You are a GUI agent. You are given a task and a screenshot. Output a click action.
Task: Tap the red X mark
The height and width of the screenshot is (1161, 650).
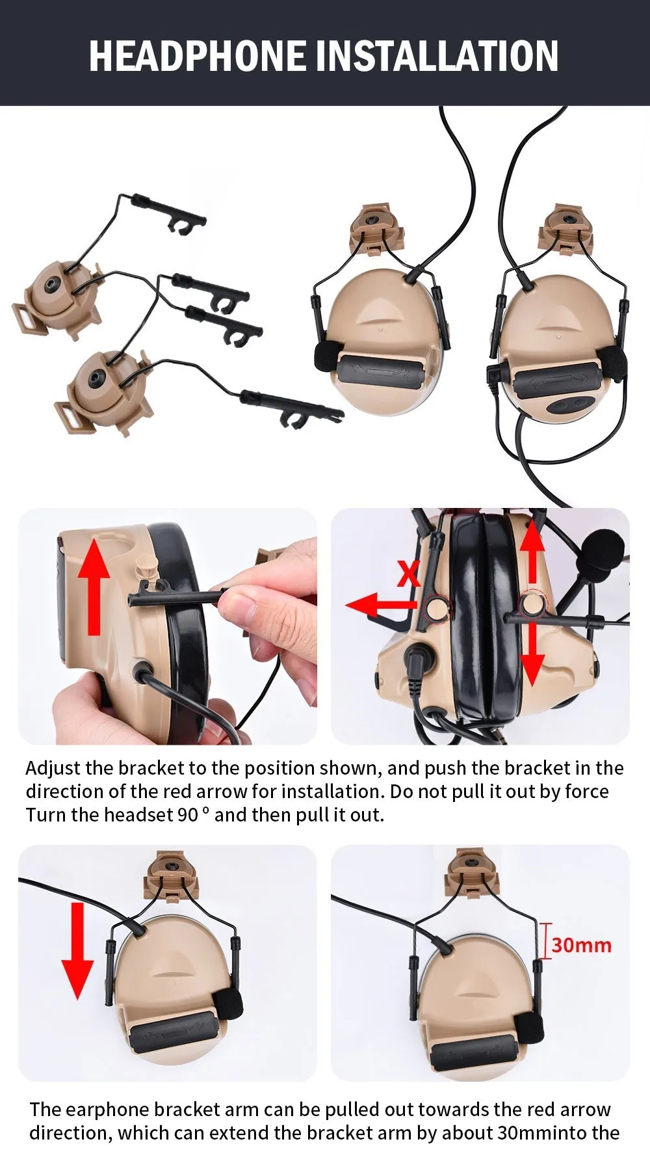(x=409, y=574)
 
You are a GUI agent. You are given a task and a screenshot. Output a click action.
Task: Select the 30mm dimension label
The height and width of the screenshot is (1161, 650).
(x=582, y=945)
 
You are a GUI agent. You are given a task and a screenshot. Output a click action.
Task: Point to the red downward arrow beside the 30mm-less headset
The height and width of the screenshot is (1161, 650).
(x=77, y=950)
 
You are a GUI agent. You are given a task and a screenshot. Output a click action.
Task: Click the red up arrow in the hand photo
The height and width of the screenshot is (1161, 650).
(x=95, y=585)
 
